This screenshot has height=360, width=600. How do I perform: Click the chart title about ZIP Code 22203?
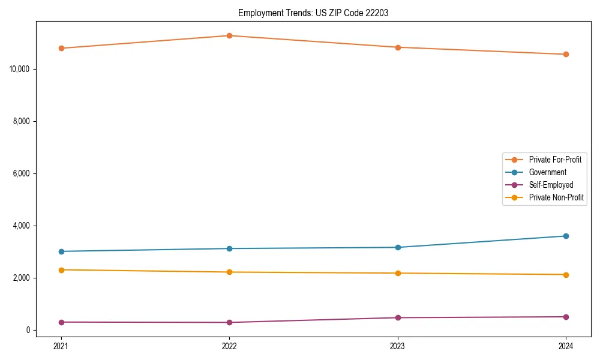click(313, 13)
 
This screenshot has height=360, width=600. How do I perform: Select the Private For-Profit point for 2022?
click(229, 35)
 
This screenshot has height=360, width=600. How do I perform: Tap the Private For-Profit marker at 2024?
click(566, 54)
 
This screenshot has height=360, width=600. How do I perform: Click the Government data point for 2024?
click(566, 236)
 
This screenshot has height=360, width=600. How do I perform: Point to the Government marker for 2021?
click(61, 251)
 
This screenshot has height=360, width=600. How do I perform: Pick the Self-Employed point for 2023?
click(398, 317)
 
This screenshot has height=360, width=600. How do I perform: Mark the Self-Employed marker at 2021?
click(61, 322)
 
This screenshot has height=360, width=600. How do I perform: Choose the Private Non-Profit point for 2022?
click(229, 272)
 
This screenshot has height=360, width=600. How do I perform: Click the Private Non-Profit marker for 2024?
click(566, 275)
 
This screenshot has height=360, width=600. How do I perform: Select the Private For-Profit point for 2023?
click(398, 47)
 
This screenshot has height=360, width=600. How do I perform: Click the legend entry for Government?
click(547, 172)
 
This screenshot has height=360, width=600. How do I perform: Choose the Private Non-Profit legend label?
click(556, 197)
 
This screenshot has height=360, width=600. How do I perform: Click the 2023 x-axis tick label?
click(398, 346)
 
